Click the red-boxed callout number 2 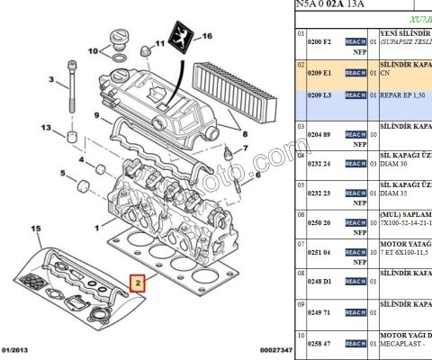[x=138, y=285]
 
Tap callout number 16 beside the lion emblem [x=206, y=36]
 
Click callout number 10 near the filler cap [x=93, y=51]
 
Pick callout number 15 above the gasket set [x=35, y=230]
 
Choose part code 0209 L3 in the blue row [x=320, y=94]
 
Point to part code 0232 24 [x=320, y=163]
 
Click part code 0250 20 [x=320, y=222]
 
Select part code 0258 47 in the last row [x=320, y=343]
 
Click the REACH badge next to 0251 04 [x=355, y=253]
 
